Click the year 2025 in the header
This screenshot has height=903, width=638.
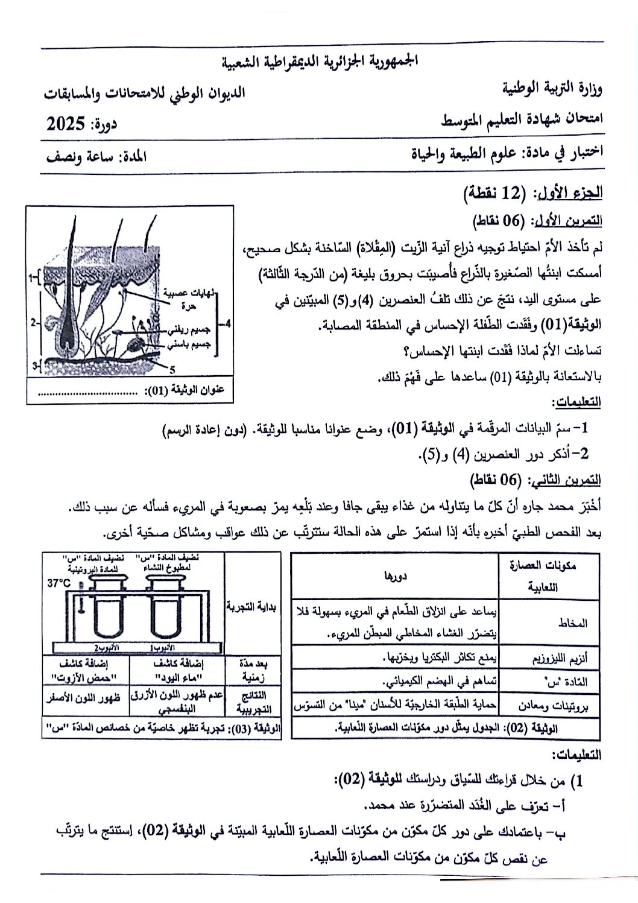pos(65,125)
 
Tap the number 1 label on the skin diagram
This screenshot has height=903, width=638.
pos(31,277)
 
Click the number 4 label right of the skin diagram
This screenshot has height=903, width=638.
pos(229,324)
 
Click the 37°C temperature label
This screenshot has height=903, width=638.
pos(59,583)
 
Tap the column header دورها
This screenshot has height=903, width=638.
pos(396,576)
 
